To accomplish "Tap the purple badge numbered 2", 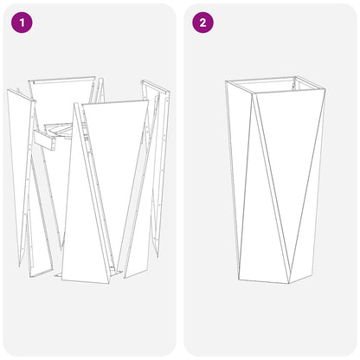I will (202, 22).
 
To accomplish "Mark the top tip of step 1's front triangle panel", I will (80, 106).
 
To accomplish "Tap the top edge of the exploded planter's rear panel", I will (61, 80).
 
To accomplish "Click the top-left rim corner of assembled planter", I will (226, 82).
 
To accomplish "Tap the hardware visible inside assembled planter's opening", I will (299, 84).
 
